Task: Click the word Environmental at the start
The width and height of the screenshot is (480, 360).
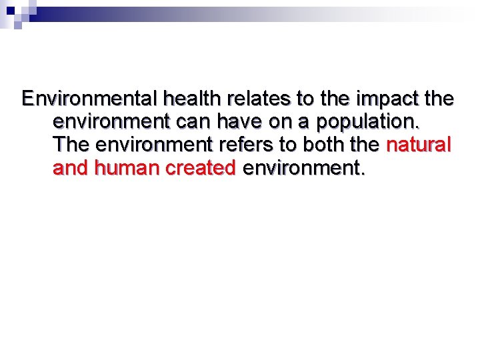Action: [x=89, y=99]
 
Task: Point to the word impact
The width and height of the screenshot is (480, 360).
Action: [x=386, y=100]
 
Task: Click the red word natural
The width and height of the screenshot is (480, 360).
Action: [x=419, y=145]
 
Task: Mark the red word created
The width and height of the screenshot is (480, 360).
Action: [x=200, y=167]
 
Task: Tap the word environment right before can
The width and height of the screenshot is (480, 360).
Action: [x=112, y=123]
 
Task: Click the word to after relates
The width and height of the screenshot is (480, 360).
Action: [x=305, y=100]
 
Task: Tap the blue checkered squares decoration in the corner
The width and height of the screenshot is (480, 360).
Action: [x=17, y=13]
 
